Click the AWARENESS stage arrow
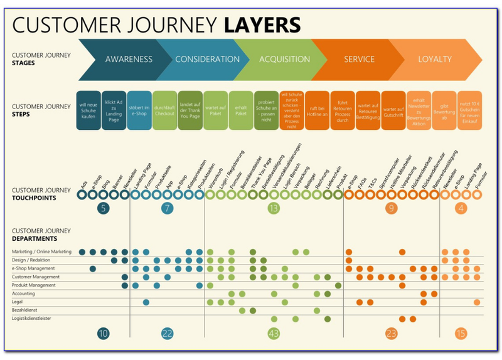click(x=129, y=60)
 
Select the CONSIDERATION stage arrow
click(x=207, y=60)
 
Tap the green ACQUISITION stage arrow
click(x=284, y=60)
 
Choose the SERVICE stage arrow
click(x=360, y=60)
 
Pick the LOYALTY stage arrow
click(x=435, y=60)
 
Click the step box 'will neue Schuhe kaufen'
click(x=88, y=110)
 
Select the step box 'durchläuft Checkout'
click(x=164, y=110)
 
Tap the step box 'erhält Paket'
click(x=241, y=110)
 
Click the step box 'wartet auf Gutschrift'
click(x=393, y=110)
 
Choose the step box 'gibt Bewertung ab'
click(x=444, y=110)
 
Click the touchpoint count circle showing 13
click(x=273, y=208)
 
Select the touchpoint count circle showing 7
click(x=166, y=208)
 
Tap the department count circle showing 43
click(x=273, y=334)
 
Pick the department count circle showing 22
click(x=166, y=334)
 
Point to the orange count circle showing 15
click(x=461, y=334)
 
